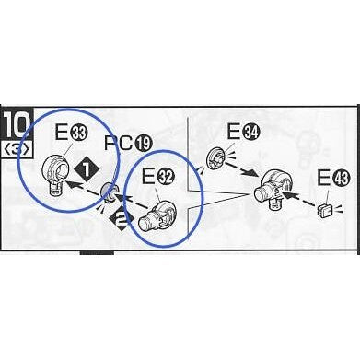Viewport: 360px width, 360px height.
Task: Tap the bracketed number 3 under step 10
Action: tap(17, 149)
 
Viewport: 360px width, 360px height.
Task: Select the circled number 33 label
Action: tap(79, 134)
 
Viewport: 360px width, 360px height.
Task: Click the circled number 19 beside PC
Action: tap(143, 144)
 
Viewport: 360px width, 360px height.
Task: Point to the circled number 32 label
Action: tap(166, 178)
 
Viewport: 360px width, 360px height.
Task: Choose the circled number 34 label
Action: tap(251, 133)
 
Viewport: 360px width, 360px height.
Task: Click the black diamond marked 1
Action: tap(87, 169)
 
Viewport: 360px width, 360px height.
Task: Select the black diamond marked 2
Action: tap(120, 219)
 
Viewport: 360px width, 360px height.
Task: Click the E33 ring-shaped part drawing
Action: tap(56, 174)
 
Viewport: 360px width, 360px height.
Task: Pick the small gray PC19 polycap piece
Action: tap(109, 192)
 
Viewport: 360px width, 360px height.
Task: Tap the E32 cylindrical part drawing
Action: tap(157, 215)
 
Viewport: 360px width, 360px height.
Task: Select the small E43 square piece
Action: tap(325, 210)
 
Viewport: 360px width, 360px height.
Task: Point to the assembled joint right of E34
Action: tap(273, 189)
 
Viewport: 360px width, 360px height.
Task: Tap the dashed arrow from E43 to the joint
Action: tap(298, 199)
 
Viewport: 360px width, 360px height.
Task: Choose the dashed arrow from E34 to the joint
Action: tap(242, 169)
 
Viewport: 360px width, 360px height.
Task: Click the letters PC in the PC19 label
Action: tap(119, 143)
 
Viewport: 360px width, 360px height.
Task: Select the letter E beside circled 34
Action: tap(233, 132)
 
